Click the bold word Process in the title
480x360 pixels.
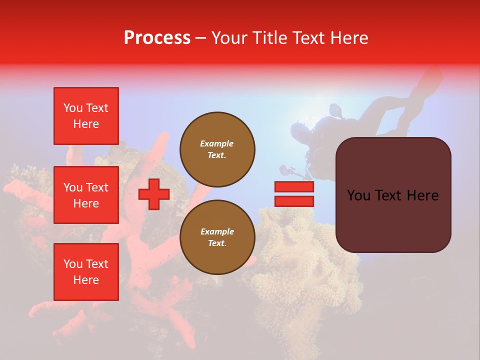tap(157, 38)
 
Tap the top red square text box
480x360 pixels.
tap(86, 116)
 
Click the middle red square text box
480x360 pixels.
tap(86, 195)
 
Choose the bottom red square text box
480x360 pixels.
tap(86, 272)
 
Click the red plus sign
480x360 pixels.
tap(154, 194)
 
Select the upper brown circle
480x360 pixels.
tap(217, 149)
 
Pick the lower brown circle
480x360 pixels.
tap(217, 237)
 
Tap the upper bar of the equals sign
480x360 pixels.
tap(294, 187)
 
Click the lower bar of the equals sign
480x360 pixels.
tap(294, 201)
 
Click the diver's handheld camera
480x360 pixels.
tap(288, 170)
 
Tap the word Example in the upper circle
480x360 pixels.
tap(216, 143)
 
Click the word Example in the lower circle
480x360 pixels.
tap(217, 231)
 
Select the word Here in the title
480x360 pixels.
tap(349, 38)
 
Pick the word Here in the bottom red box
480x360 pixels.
tap(86, 280)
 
